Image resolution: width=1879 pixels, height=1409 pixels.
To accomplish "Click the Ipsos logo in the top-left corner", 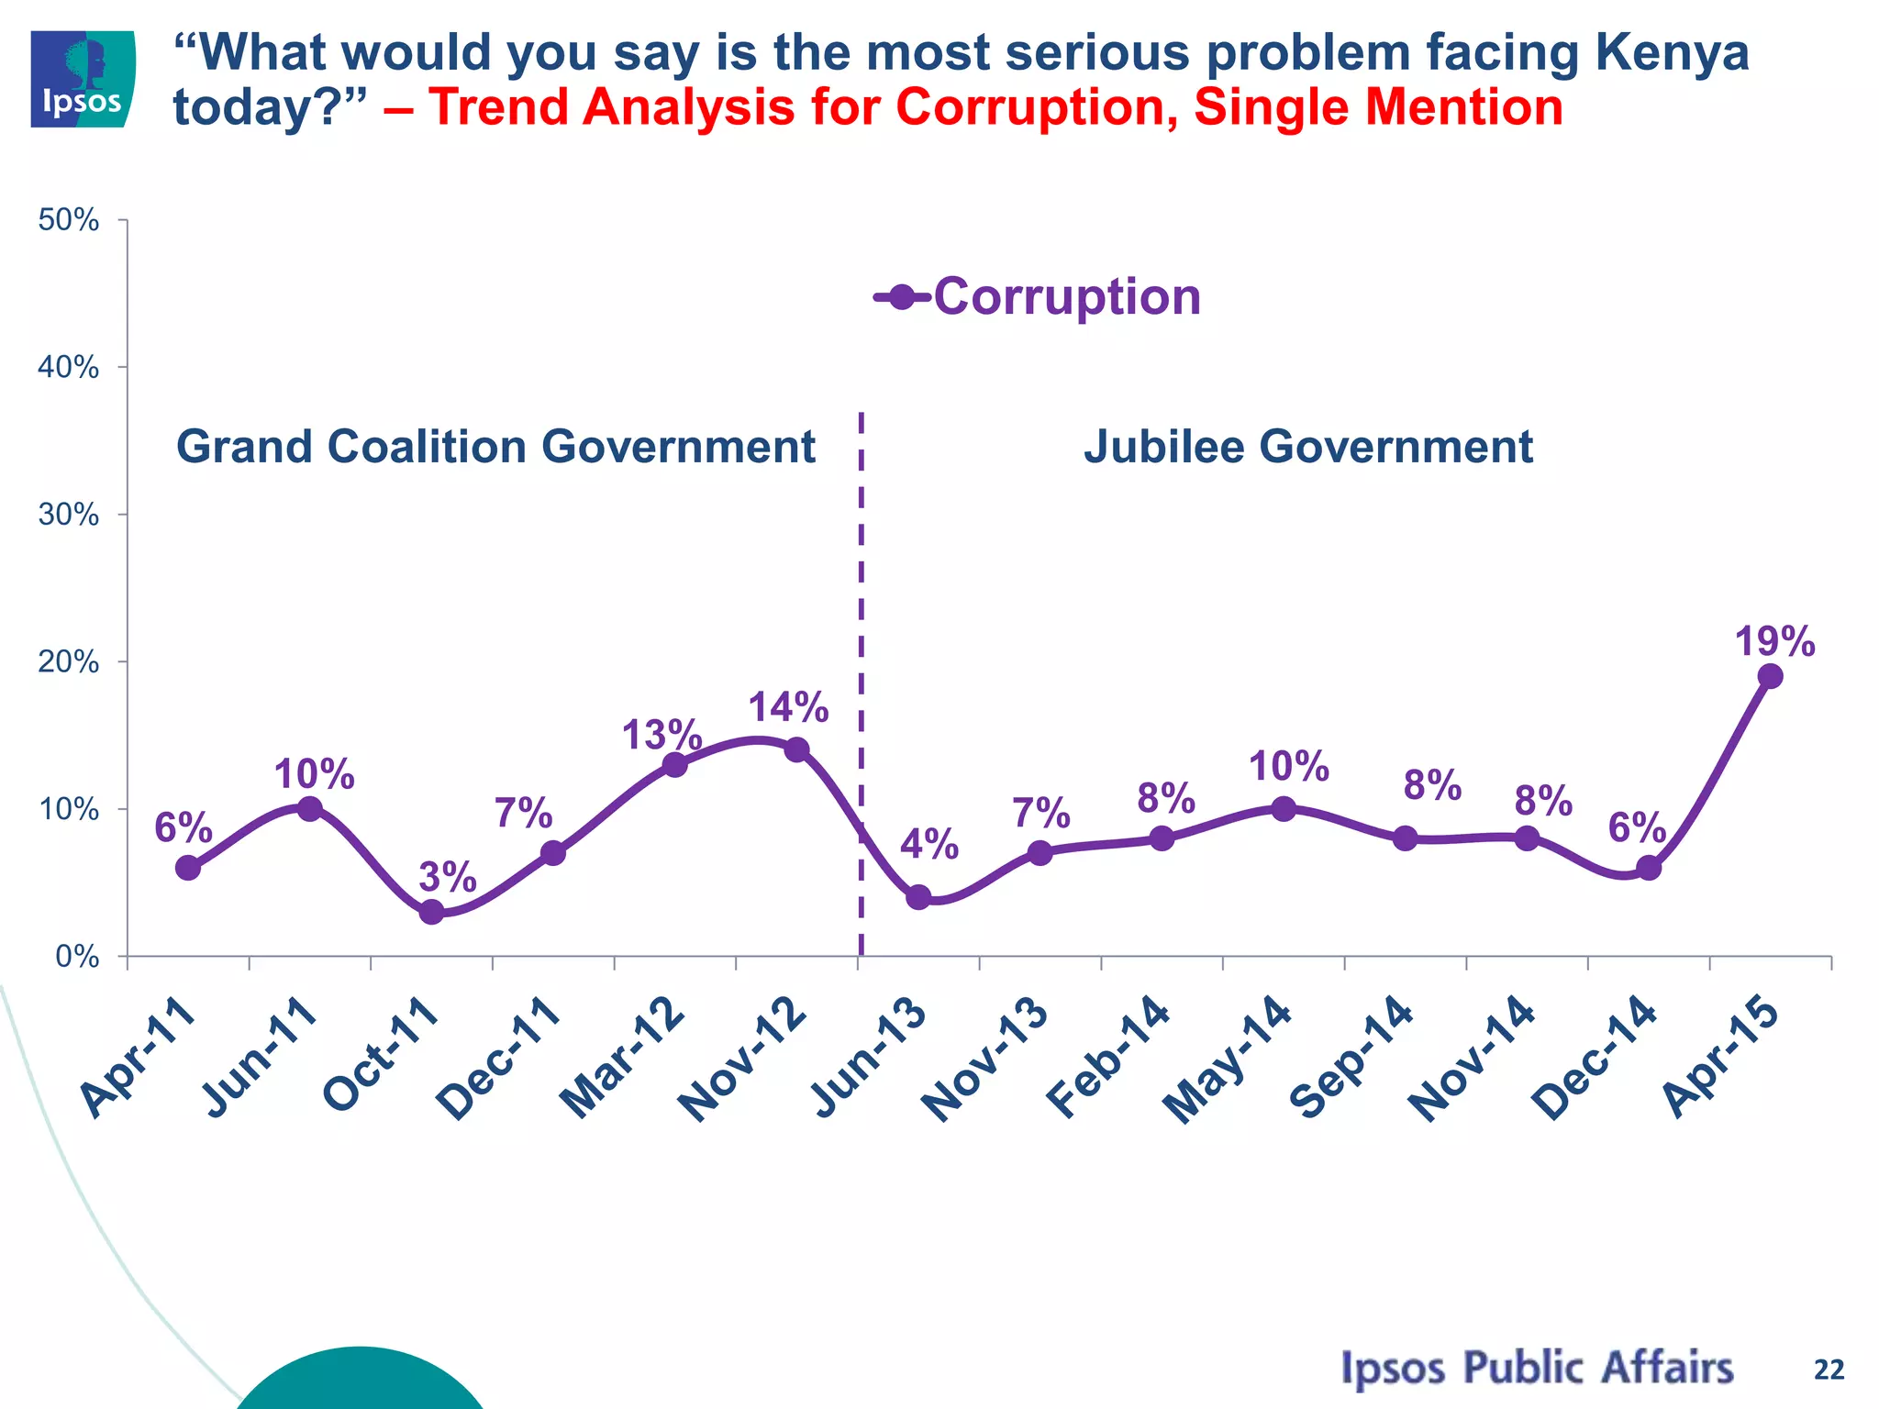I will pyautogui.click(x=83, y=79).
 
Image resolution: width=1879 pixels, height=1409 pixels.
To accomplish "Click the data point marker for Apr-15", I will pyautogui.click(x=1770, y=677).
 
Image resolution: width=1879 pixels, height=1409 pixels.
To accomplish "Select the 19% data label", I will pyautogui.click(x=1774, y=642).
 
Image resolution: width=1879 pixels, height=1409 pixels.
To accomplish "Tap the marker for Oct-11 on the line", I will pyautogui.click(x=432, y=912).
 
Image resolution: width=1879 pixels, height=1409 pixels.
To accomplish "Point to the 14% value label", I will pyautogui.click(x=788, y=707).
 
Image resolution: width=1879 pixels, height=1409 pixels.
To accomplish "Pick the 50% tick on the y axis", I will pyautogui.click(x=69, y=220).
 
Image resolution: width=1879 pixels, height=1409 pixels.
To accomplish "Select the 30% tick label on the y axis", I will pyautogui.click(x=69, y=515).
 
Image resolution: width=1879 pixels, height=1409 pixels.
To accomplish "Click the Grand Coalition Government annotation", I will pyautogui.click(x=495, y=448).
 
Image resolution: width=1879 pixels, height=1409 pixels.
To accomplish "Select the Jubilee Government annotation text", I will pyautogui.click(x=1308, y=448).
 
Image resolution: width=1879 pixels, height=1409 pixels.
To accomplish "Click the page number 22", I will pyautogui.click(x=1829, y=1370).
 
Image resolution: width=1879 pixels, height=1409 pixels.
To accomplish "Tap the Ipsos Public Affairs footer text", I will pyautogui.click(x=1537, y=1368).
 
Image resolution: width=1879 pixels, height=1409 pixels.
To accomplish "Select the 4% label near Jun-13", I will pyautogui.click(x=929, y=845).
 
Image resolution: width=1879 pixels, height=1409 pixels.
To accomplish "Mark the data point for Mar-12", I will pyautogui.click(x=674, y=765).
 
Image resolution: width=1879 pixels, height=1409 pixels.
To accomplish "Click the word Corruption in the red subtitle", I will pyautogui.click(x=1036, y=107).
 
